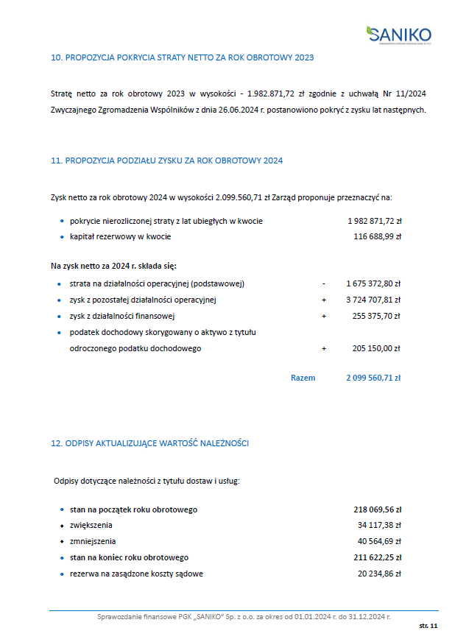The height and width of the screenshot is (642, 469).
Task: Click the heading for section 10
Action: tap(182, 57)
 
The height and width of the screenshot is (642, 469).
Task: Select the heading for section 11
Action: tap(166, 160)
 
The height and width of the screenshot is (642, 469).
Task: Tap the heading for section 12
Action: tap(149, 443)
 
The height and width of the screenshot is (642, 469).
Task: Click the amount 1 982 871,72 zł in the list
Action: tap(374, 221)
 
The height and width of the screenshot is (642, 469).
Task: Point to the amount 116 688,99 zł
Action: tap(377, 236)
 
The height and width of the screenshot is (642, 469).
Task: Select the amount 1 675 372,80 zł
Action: tap(373, 283)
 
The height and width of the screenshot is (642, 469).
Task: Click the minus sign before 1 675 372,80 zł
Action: tap(323, 283)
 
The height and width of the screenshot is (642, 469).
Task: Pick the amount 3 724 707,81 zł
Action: tap(373, 300)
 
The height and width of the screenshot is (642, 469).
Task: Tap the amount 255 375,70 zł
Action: tap(376, 316)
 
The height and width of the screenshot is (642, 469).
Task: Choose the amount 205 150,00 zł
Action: tap(376, 348)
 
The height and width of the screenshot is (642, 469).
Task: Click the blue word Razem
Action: tap(303, 378)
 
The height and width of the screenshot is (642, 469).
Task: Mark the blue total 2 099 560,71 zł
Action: tap(373, 378)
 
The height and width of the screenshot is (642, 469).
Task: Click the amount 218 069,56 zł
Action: tap(377, 509)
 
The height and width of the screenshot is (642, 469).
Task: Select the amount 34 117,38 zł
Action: tap(379, 525)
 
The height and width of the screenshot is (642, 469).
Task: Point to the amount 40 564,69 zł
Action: tap(379, 541)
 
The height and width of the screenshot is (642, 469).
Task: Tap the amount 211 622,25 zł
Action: tap(377, 557)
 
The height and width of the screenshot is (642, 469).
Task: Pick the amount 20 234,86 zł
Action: tap(379, 574)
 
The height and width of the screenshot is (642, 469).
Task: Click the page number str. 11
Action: tap(429, 625)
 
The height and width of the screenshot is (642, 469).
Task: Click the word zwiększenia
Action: tap(91, 525)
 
